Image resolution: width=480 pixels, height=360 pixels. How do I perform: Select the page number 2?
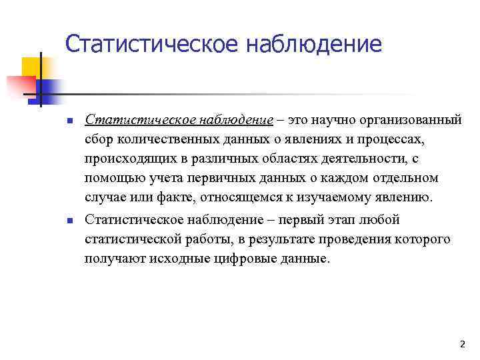coord(462,344)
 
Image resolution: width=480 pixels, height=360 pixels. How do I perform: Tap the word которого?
coord(425,239)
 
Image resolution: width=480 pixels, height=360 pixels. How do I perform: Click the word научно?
coord(332,120)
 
